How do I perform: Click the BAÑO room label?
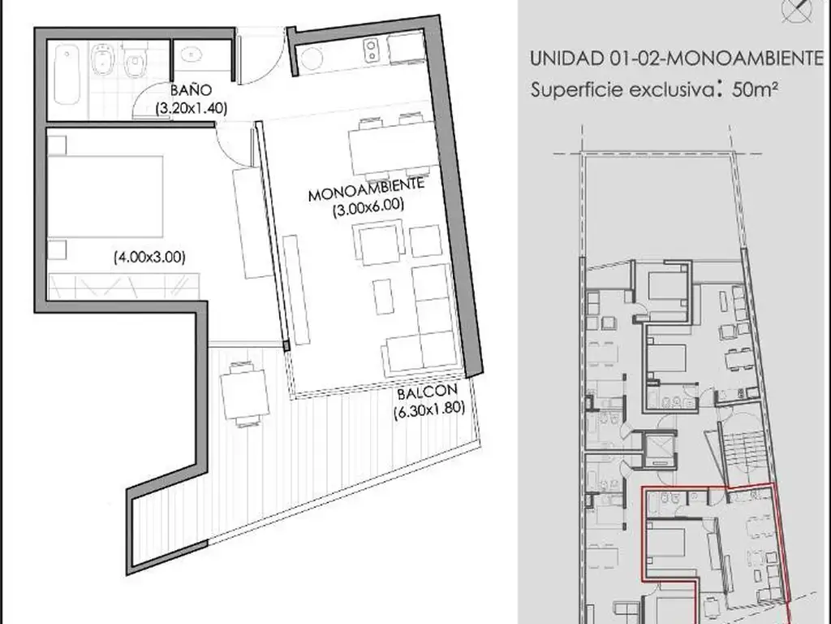pyautogui.click(x=191, y=89)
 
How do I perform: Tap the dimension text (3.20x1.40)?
pyautogui.click(x=192, y=108)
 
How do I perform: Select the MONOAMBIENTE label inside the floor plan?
pyautogui.click(x=366, y=188)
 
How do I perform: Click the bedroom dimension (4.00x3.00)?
pyautogui.click(x=149, y=258)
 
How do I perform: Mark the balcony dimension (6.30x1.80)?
pyautogui.click(x=429, y=410)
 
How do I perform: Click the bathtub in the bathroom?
pyautogui.click(x=67, y=74)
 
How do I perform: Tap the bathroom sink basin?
pyautogui.click(x=191, y=54)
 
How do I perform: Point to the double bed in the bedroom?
pyautogui.click(x=105, y=197)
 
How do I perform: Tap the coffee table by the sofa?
pyautogui.click(x=383, y=297)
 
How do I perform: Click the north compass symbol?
pyautogui.click(x=797, y=10)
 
